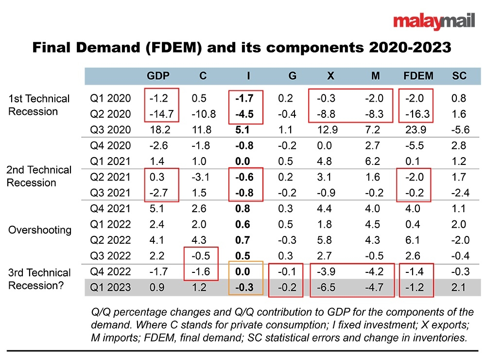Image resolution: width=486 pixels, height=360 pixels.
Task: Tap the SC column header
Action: click(459, 76)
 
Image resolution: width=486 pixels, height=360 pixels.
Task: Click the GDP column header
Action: click(158, 76)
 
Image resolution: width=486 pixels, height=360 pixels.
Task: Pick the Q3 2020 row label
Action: click(110, 130)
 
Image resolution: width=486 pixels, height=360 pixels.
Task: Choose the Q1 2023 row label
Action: click(110, 287)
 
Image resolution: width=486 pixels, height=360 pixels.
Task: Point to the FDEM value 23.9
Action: click(415, 130)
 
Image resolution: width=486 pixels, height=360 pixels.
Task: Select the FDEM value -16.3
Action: click(415, 114)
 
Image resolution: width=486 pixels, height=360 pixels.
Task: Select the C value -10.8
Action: click(203, 114)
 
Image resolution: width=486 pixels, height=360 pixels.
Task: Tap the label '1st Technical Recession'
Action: click(39, 105)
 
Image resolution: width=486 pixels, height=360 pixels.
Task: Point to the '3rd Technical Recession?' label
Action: click(39, 279)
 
